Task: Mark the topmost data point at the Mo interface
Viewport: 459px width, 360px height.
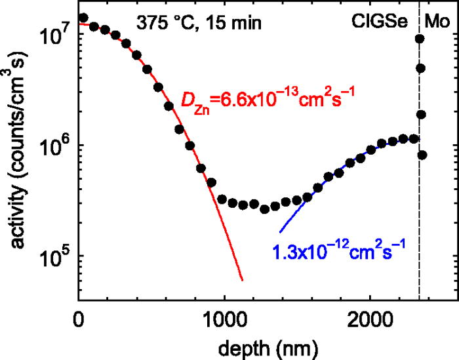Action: click(420, 39)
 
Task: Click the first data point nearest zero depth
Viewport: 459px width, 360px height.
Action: click(83, 18)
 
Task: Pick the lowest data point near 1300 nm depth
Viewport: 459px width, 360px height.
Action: click(265, 209)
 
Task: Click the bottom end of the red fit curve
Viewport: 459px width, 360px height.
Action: click(243, 280)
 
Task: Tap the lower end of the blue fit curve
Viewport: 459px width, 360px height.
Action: click(280, 232)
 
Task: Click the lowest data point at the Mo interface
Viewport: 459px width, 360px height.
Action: click(422, 155)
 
